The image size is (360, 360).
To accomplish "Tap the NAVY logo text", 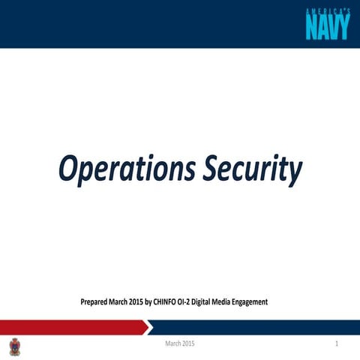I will [x=328, y=28].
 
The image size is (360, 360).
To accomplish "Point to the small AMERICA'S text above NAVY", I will [x=328, y=10].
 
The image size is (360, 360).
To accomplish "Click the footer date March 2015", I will [x=180, y=344].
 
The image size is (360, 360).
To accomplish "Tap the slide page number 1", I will [x=338, y=344].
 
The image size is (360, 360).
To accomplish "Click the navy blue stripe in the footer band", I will [x=255, y=327].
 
